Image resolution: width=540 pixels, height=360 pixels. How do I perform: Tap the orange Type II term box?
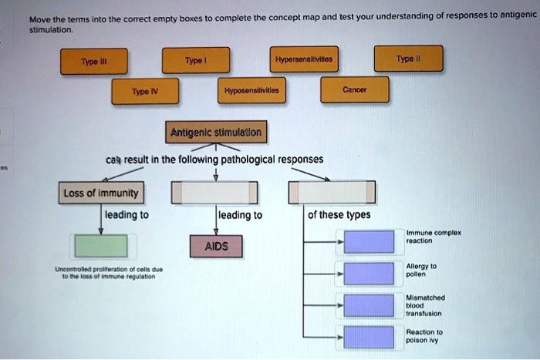[x=408, y=59]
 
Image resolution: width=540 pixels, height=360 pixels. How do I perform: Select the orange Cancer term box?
[x=355, y=89]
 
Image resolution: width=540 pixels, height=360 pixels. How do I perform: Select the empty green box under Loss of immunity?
[x=100, y=245]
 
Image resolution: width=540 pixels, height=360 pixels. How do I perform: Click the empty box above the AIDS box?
[x=214, y=193]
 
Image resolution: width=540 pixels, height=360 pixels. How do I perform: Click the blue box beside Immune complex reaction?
[x=369, y=241]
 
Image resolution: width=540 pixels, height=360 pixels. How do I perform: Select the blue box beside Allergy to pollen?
[x=369, y=273]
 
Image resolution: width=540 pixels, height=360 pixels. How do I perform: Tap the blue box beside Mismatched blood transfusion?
[x=369, y=305]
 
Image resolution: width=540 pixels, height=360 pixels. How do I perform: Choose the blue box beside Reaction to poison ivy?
[x=369, y=337]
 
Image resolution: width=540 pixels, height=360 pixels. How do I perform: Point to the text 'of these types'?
[x=339, y=215]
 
